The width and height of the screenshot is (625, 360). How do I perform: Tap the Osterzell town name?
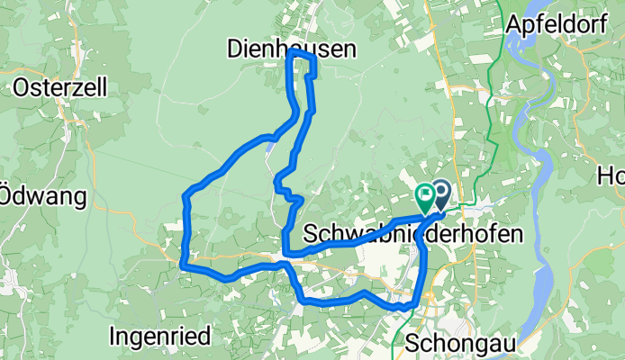point(60,87)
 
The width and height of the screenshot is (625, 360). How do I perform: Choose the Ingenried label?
point(159,336)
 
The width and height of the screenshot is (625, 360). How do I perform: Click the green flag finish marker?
point(424,194)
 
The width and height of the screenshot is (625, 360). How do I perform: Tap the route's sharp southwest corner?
point(184,265)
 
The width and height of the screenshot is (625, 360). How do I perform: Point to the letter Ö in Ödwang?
point(5,195)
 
